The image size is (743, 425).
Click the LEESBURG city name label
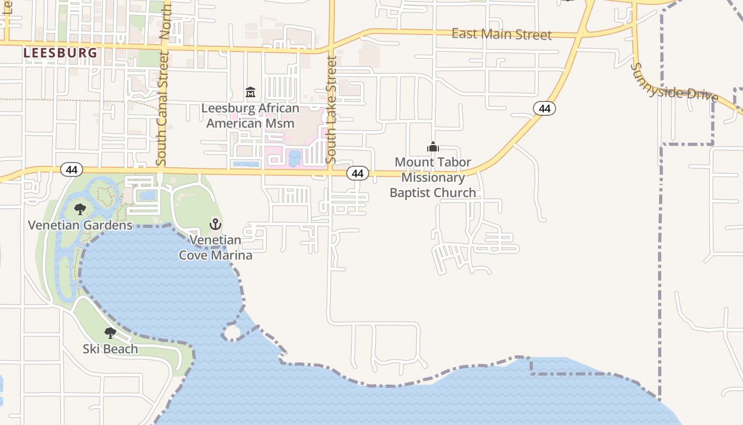click(60, 53)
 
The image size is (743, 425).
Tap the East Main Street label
click(502, 35)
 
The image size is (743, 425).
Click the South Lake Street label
click(332, 110)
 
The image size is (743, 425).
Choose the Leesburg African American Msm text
click(250, 116)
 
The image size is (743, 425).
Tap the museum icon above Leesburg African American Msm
click(250, 93)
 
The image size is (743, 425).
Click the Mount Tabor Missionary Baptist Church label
click(433, 177)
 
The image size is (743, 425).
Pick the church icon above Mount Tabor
click(433, 147)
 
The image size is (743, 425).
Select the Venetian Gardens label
click(80, 225)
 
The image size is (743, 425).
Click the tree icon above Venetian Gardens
click(80, 209)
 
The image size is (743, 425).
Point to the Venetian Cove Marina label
click(215, 248)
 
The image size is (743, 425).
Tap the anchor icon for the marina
click(215, 224)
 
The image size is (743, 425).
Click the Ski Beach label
click(110, 349)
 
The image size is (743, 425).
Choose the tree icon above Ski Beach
click(110, 333)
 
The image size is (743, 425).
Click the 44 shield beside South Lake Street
click(358, 173)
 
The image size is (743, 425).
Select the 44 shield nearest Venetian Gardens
click(72, 169)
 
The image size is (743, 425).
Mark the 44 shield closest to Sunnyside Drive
click(544, 109)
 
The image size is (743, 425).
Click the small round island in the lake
click(232, 333)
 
